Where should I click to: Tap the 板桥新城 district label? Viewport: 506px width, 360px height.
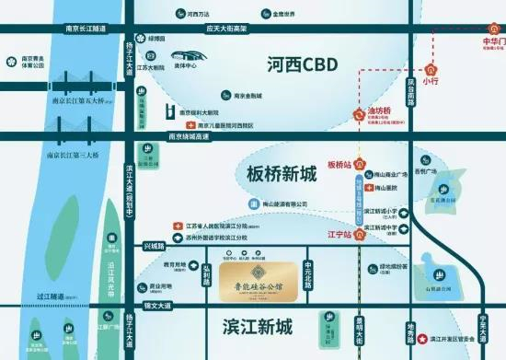(x=281, y=173)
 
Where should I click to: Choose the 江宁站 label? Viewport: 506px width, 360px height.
(x=340, y=234)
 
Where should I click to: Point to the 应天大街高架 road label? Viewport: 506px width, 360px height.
(x=227, y=29)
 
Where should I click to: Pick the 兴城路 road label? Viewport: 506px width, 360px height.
(x=155, y=247)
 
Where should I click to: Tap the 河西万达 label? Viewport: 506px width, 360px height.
(x=200, y=15)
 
